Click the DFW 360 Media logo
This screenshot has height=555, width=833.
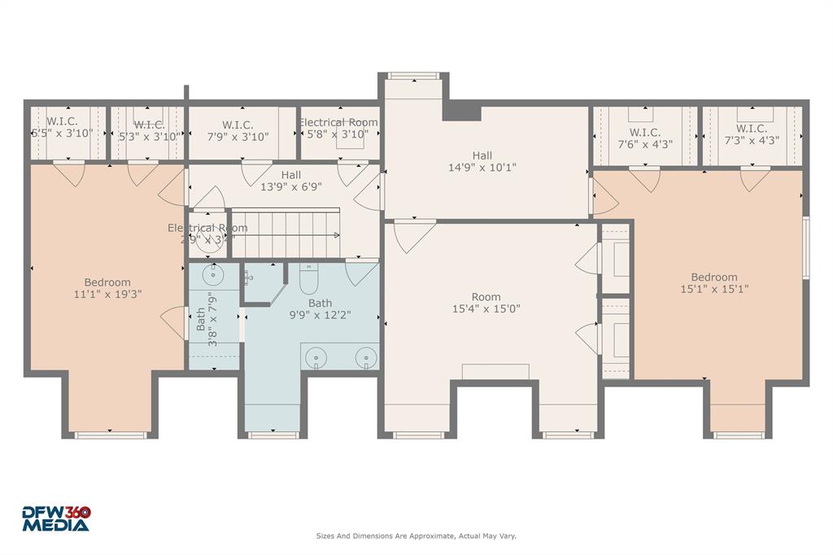coord(55,518)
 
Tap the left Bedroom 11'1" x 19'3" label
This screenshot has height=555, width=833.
coord(107,289)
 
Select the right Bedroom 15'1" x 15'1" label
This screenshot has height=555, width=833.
coord(714,283)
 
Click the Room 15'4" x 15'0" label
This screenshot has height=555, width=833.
coord(486,303)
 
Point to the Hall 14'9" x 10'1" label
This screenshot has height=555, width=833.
coord(482,161)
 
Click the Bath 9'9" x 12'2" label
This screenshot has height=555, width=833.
coord(320,309)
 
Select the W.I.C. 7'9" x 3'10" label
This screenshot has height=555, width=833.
coord(237,131)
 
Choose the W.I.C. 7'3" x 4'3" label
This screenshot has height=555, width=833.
coord(751,134)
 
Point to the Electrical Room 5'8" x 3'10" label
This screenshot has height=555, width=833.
coord(338,129)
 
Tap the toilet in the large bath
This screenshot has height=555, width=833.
coord(309,280)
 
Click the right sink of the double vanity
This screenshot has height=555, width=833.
coord(368,356)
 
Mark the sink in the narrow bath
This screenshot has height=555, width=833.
coord(216,273)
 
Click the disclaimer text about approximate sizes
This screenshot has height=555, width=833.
coord(416,535)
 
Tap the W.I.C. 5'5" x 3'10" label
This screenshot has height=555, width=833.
coord(62,128)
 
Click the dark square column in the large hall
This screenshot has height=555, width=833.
coord(461,111)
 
